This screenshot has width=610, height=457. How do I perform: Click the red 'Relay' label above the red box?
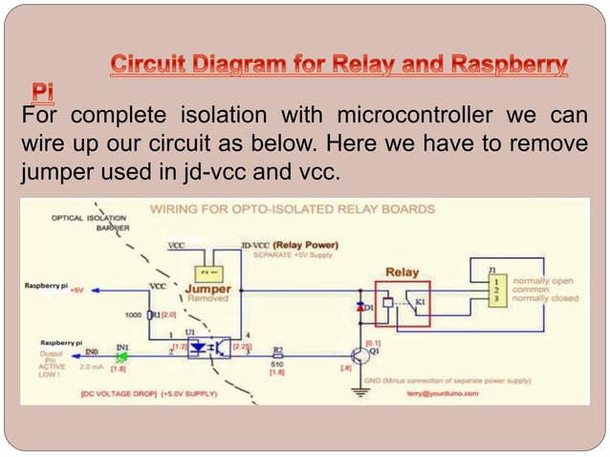pos(402,272)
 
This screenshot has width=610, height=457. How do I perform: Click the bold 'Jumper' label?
pos(207,287)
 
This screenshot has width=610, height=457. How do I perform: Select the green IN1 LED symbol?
pos(120,357)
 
